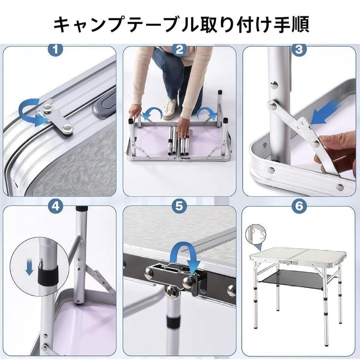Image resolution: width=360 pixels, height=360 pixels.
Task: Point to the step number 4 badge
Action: pyautogui.click(x=55, y=207)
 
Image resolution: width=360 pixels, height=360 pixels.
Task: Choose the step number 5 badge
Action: pyautogui.click(x=179, y=207)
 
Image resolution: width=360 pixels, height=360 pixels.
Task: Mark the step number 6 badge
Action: pyautogui.click(x=299, y=207)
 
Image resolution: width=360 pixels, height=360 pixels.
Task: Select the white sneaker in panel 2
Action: pyautogui.click(x=170, y=106)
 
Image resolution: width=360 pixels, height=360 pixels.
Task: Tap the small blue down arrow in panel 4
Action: pyautogui.click(x=29, y=269)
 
